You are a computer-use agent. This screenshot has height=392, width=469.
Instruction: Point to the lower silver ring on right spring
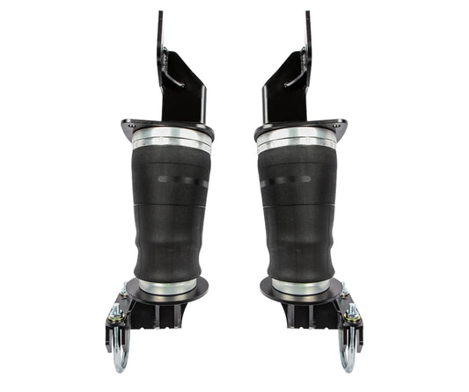[x=299, y=287]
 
